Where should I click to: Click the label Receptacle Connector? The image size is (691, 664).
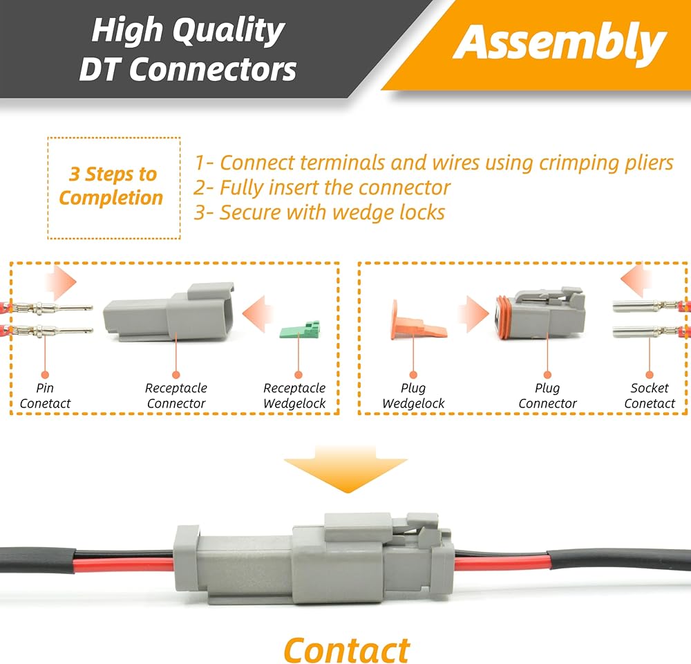point(176,396)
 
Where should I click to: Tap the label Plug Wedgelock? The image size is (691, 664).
point(413,396)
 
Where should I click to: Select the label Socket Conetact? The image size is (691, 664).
point(649,396)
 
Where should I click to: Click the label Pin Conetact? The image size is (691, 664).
point(46,396)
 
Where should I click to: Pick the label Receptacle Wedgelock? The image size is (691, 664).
point(294,396)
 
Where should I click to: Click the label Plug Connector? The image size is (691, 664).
point(547,396)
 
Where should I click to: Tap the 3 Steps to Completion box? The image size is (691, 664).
point(113,187)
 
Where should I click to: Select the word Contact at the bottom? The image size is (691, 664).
point(346,650)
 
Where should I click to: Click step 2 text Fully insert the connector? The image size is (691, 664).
point(322,187)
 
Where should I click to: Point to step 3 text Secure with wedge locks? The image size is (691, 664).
point(319,212)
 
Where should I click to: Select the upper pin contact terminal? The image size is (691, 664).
point(55,306)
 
